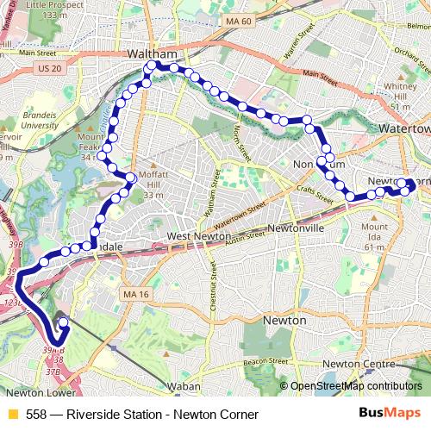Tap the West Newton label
[x=198, y=236]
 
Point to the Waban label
[x=184, y=386]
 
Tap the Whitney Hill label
[x=401, y=91]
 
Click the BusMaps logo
[x=390, y=414]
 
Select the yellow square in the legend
[x=13, y=415]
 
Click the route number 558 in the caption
[x=37, y=415]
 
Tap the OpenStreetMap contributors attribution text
[x=356, y=386]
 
